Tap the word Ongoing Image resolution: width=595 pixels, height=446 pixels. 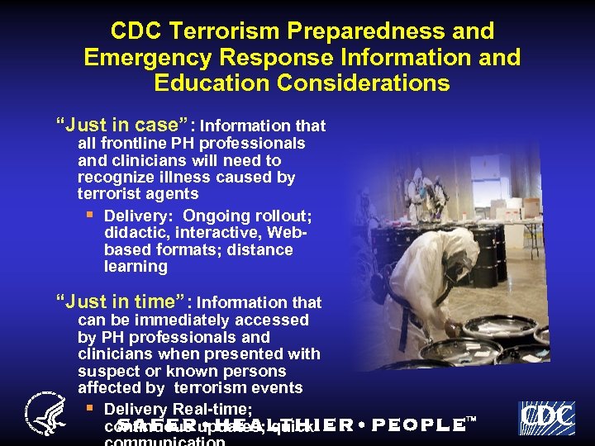pyautogui.click(x=211, y=216)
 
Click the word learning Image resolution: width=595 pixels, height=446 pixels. pyautogui.click(x=136, y=267)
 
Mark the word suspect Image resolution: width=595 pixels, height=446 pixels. pyautogui.click(x=107, y=371)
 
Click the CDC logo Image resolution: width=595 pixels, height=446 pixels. pyautogui.click(x=545, y=418)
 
